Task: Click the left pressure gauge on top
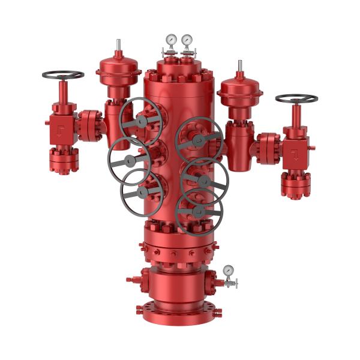pos(172,40)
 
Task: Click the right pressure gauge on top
pos(187,40)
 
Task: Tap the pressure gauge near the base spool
pos(228,271)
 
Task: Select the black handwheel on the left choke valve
pos(63,75)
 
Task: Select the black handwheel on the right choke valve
pos(296,98)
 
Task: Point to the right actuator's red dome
pos(239,89)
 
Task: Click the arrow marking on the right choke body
pos(295,154)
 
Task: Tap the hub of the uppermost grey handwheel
pos(141,121)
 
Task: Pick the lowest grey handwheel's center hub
pos(199,211)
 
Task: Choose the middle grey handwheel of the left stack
pos(129,160)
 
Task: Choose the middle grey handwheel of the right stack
pos(204,180)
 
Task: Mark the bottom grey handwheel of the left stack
pos(142,193)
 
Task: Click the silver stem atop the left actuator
pos(118,45)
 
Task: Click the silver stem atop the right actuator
pos(240,66)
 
